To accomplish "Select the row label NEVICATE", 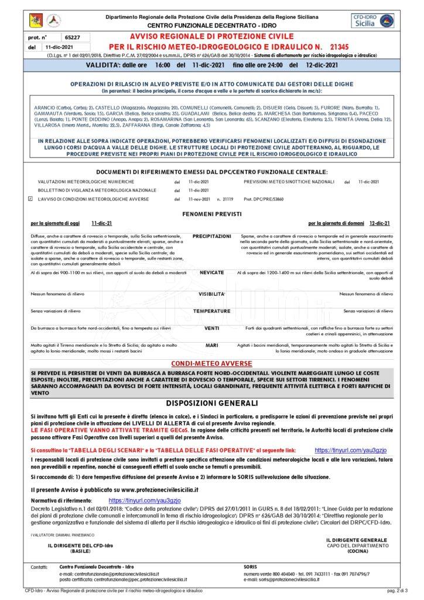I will [211, 273].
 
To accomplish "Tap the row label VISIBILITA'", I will [211, 294].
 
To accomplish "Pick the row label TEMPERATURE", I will [211, 311].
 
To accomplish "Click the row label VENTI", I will [211, 329].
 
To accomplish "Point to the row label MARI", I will [211, 346].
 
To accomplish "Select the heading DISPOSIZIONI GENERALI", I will [211, 403].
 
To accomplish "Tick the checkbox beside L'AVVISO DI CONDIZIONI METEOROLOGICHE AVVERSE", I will [30, 199].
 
